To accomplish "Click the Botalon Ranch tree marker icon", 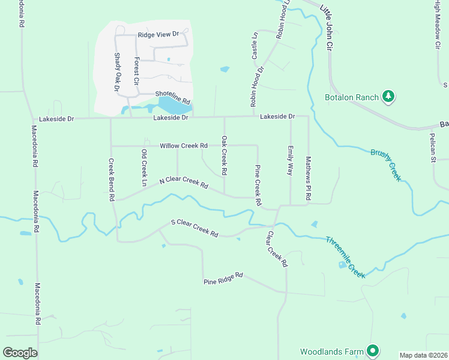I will (x=388, y=97).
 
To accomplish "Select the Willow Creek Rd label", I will (x=183, y=146).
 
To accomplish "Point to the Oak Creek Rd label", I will (x=224, y=155).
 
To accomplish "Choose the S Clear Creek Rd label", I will (x=194, y=228).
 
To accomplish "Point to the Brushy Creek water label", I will (x=385, y=164).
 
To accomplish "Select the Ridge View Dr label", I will (x=158, y=35).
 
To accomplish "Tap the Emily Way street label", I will (x=291, y=160).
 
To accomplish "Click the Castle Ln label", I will (x=255, y=46).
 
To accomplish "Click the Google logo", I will (x=20, y=353).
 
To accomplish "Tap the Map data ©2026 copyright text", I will (x=423, y=355).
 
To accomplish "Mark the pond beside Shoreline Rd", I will (x=174, y=106).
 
